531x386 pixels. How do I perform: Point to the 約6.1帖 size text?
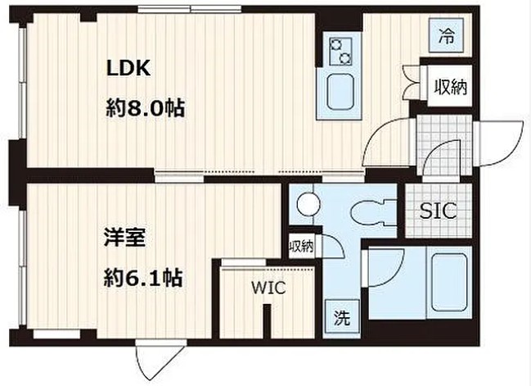coord(143,279)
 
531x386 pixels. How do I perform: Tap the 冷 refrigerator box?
coord(446,36)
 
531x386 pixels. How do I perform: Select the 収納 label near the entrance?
coord(450,85)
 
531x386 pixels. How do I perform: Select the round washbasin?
coord(308,202)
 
